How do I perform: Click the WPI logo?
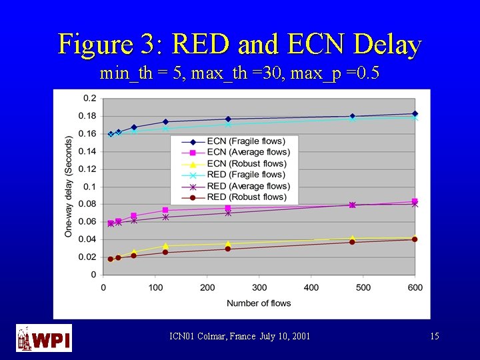click(44, 338)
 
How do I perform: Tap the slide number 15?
click(435, 337)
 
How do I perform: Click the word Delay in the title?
click(388, 45)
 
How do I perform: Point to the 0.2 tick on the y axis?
click(89, 99)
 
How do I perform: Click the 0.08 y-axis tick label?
click(87, 204)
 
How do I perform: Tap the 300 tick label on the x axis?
click(259, 288)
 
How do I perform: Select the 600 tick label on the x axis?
click(415, 288)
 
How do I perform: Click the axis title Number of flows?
click(259, 303)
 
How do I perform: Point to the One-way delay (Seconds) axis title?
click(69, 186)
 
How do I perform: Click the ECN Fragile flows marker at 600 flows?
click(415, 114)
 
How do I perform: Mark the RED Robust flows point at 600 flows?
click(415, 239)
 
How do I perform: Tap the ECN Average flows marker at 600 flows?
click(415, 201)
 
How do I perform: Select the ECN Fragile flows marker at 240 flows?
click(228, 119)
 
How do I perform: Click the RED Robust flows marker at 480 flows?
click(352, 242)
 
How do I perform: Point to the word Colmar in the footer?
click(217, 337)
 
